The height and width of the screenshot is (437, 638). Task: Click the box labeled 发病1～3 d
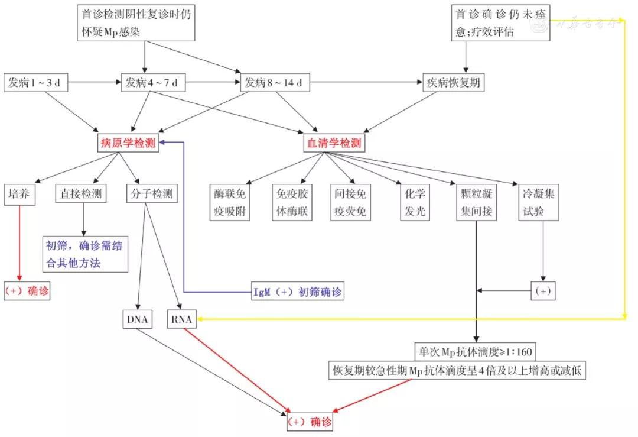click(x=35, y=83)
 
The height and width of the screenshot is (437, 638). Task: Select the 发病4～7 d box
click(x=152, y=83)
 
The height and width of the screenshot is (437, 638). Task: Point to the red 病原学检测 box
click(x=129, y=143)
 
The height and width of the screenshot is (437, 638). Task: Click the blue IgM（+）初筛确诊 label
click(x=295, y=291)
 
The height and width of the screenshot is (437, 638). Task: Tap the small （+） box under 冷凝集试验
click(x=545, y=291)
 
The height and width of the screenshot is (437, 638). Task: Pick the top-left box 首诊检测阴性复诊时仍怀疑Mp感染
click(x=137, y=22)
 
